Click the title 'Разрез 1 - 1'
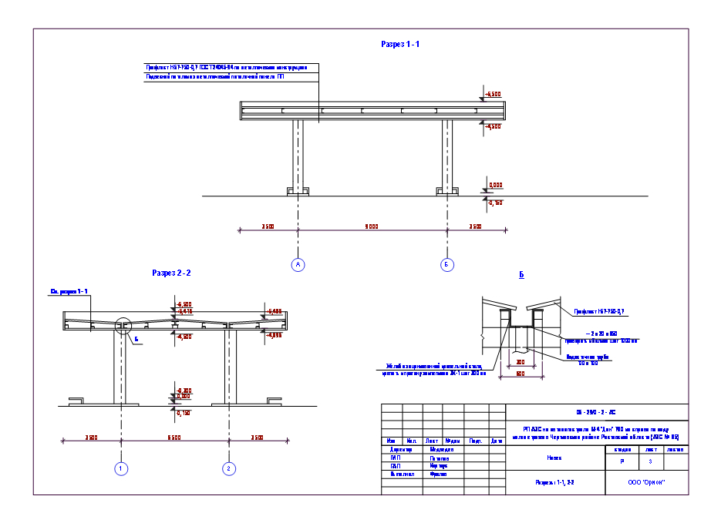click(400, 45)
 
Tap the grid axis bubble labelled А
click(298, 265)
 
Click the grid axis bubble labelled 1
click(121, 468)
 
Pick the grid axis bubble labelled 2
click(228, 468)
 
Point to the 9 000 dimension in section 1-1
click(371, 226)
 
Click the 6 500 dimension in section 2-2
click(174, 438)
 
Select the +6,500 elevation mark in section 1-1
click(493, 94)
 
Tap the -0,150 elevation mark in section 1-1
click(494, 203)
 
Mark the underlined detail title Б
click(522, 274)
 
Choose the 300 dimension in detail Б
click(521, 361)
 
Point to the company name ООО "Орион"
click(646, 483)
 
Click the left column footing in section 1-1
click(298, 190)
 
